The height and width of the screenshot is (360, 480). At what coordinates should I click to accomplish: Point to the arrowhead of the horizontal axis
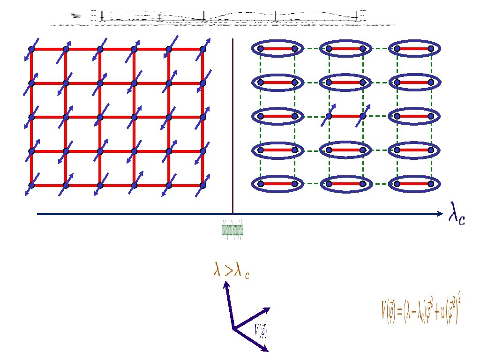pyautogui.click(x=440, y=214)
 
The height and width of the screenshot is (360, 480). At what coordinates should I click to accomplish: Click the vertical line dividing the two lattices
pyautogui.click(x=232, y=127)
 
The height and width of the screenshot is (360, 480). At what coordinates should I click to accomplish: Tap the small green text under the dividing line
pyautogui.click(x=232, y=228)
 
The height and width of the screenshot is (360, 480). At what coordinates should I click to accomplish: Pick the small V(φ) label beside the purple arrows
pyautogui.click(x=261, y=330)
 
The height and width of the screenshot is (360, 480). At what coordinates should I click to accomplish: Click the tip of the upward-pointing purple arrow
pyautogui.click(x=226, y=283)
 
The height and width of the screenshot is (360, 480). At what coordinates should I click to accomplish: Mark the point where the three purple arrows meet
pyautogui.click(x=233, y=329)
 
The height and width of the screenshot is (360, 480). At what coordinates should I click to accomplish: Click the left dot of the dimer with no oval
pyautogui.click(x=329, y=116)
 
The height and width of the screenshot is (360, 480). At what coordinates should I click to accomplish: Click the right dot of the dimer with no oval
pyautogui.click(x=362, y=116)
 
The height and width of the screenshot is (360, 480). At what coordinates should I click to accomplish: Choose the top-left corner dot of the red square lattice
pyautogui.click(x=31, y=49)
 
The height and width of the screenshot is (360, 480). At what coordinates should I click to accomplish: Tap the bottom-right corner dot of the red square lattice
pyautogui.click(x=203, y=186)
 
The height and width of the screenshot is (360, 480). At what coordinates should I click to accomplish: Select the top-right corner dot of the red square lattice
pyautogui.click(x=203, y=49)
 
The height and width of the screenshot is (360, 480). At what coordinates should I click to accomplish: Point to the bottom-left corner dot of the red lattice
pyautogui.click(x=31, y=186)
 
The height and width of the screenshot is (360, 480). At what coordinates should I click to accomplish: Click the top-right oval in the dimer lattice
pyautogui.click(x=413, y=48)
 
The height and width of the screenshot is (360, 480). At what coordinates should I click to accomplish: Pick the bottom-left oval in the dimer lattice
pyautogui.click(x=277, y=184)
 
